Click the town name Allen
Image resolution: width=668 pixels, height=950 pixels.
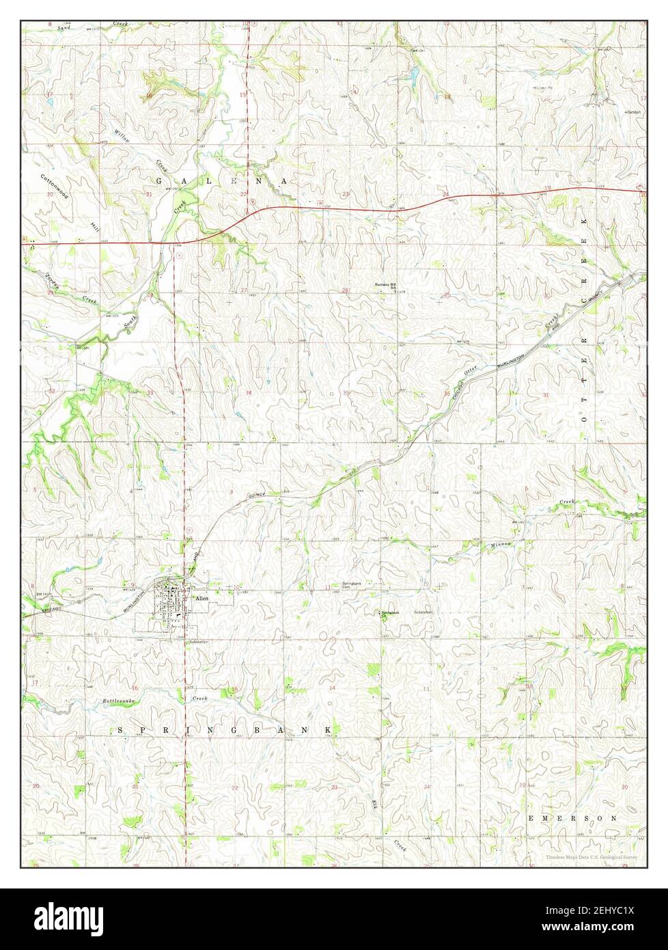[x=201, y=597]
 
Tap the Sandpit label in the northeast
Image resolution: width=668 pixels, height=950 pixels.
[x=635, y=111]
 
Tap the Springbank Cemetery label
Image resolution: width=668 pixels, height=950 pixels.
[x=350, y=585]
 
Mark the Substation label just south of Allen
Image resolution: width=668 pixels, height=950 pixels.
[x=198, y=642]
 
